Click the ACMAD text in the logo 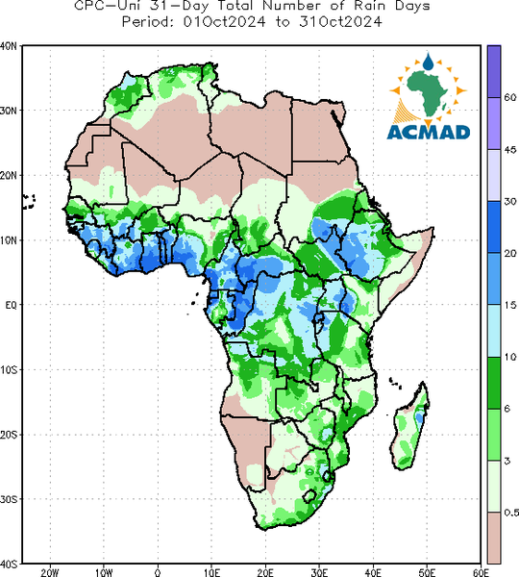(x=429, y=132)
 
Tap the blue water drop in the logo (x=428, y=62)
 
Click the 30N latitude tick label (x=8, y=111)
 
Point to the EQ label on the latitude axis (x=11, y=305)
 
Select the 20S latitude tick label (x=9, y=435)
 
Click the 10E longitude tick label (x=211, y=572)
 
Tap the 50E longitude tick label (x=427, y=572)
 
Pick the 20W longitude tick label (x=50, y=572)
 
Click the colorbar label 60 (x=509, y=97)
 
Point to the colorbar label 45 (x=509, y=150)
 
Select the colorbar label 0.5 (x=511, y=513)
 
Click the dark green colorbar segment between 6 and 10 (x=494, y=383)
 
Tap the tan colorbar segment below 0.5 (x=494, y=538)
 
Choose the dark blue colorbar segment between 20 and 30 (x=494, y=227)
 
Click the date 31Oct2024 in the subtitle (x=340, y=22)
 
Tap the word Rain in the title (x=368, y=6)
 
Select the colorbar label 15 (x=509, y=305)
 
